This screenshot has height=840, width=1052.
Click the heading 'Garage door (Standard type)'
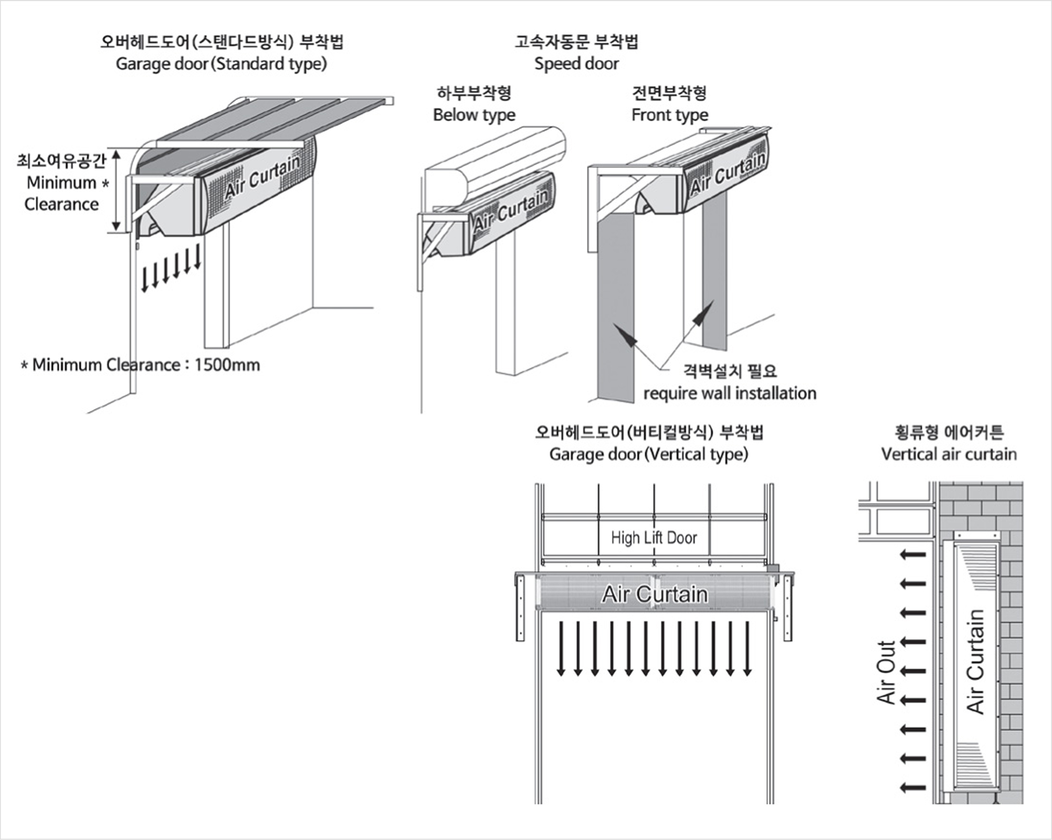point(221,64)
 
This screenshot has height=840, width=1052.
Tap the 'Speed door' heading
point(576,64)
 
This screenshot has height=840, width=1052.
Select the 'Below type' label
point(474,115)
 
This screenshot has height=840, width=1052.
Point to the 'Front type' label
point(670,115)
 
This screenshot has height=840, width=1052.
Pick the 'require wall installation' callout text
point(730,393)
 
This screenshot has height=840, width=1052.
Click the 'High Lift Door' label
point(654,538)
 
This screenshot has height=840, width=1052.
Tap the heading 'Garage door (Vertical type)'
point(648,454)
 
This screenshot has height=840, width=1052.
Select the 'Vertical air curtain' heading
point(949,454)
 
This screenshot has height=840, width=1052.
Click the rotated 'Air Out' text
point(886,672)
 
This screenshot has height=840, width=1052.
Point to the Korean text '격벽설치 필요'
point(730,371)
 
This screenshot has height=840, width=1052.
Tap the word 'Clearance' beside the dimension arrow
point(61,204)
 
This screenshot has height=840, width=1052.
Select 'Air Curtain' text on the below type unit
point(511,211)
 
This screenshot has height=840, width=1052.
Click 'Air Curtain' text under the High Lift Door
point(655,594)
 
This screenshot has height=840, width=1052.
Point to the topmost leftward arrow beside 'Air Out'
point(913,555)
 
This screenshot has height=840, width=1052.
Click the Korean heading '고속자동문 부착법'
point(576,41)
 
